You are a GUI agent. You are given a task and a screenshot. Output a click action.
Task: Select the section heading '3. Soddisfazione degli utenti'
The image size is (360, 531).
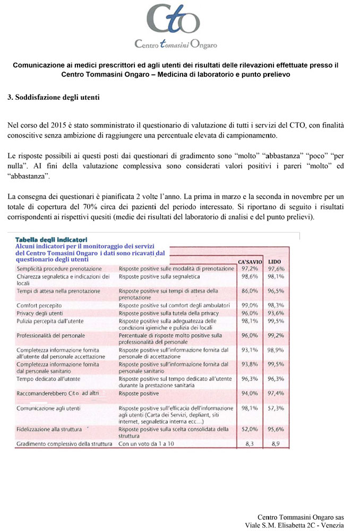[x=53, y=98]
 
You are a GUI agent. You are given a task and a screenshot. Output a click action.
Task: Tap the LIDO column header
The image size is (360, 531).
[x=275, y=262]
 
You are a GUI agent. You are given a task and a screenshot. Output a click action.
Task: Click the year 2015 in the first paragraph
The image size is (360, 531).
[x=62, y=125]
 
